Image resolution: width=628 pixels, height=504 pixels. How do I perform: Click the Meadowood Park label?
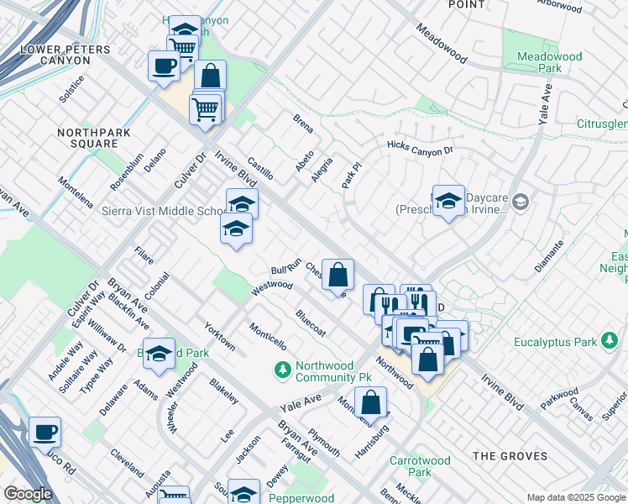pos(550,62)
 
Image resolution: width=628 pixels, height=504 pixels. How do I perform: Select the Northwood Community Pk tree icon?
pos(283,369)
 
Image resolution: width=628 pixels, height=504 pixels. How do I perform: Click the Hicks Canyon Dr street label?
pos(420,147)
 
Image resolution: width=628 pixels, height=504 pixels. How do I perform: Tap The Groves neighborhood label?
pos(510,456)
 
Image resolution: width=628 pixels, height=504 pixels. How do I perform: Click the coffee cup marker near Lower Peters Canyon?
pos(163,66)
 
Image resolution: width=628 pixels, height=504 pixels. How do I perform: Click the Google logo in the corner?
pos(28,494)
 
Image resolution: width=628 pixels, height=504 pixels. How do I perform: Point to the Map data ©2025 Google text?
pos(575,497)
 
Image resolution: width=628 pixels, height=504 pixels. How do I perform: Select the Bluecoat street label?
pos(311,322)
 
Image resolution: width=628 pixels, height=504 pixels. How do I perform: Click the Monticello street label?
pos(268,336)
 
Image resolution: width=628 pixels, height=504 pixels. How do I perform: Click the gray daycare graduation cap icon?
pos(521,202)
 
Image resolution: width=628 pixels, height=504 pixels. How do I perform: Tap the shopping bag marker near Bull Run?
pos(338,275)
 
